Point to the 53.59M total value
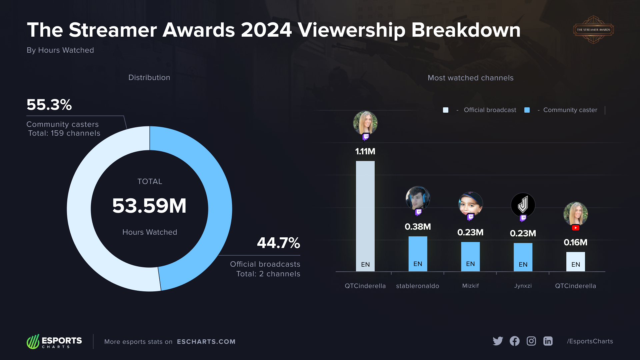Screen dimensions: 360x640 (x=149, y=206)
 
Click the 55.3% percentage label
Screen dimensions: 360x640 (x=49, y=105)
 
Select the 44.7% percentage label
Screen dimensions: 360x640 (x=278, y=243)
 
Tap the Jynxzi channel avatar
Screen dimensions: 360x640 (x=523, y=205)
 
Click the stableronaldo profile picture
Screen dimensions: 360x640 (x=418, y=198)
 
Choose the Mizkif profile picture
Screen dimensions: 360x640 (x=470, y=204)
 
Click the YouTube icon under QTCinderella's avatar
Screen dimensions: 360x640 (x=575, y=228)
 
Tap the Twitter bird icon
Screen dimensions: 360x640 (x=498, y=341)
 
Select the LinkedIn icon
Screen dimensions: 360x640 (x=548, y=341)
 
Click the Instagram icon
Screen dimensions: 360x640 (x=531, y=341)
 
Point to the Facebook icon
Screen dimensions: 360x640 (x=514, y=341)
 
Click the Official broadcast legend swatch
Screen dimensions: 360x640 (x=446, y=110)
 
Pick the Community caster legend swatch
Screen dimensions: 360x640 (x=527, y=110)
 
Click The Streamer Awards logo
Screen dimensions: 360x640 (x=593, y=30)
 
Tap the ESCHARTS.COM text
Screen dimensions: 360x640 (x=206, y=342)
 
